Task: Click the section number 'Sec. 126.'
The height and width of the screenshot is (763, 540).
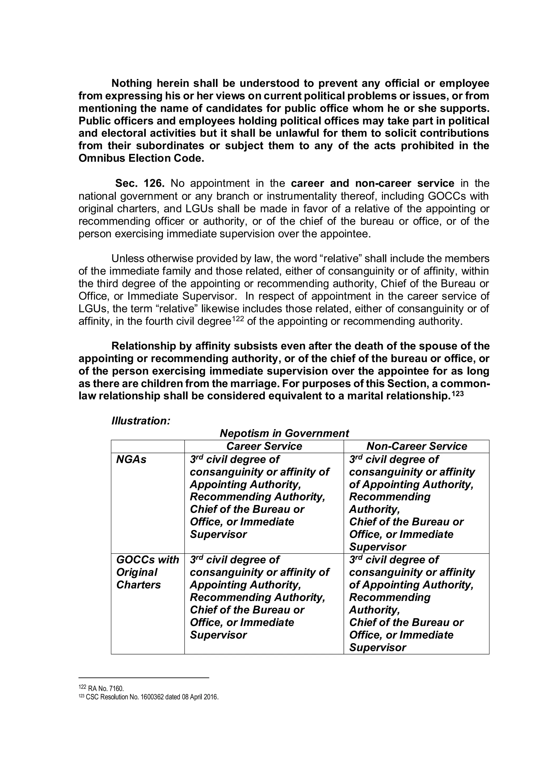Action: pos(140,183)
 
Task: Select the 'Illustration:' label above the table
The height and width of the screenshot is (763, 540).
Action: pos(141,421)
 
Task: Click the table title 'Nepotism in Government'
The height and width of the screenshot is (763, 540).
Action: pos(284,433)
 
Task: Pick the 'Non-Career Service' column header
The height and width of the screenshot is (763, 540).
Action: pos(417,446)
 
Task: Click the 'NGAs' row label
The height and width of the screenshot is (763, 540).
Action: pos(131,459)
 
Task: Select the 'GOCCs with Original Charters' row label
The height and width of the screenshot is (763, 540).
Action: pos(147,572)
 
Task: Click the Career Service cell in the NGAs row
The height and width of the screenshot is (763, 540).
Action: pos(259,497)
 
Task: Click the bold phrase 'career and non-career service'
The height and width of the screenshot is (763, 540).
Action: pos(372,183)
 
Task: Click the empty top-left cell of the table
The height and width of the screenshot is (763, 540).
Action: pos(148,446)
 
